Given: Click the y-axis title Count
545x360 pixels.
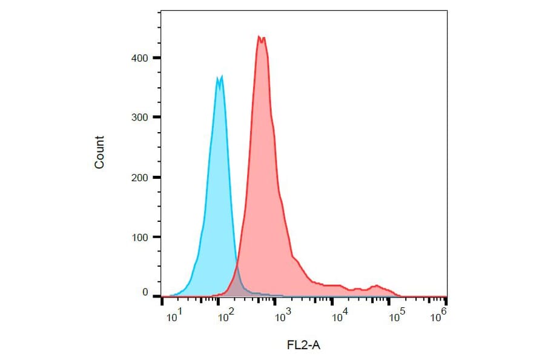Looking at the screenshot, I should click(x=99, y=152).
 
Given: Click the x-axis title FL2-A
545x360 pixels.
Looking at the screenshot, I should click(x=303, y=345).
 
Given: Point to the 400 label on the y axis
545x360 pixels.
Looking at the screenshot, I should click(x=140, y=58).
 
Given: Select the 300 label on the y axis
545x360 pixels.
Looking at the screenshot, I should click(x=140, y=117).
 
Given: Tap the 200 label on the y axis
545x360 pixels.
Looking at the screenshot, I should click(x=140, y=177).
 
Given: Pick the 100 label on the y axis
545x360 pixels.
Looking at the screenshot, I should click(x=140, y=237).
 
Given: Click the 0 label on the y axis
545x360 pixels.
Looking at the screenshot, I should click(x=145, y=293).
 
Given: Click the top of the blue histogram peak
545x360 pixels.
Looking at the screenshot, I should click(x=219, y=77).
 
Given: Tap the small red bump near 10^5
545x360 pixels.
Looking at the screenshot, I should click(x=377, y=285).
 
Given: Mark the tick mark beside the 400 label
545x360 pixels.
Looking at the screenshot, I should click(x=156, y=58).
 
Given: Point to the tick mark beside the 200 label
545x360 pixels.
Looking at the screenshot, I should click(x=156, y=177).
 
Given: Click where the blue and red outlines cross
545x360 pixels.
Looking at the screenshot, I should click(x=236, y=267).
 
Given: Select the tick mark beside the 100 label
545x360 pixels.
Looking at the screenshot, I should click(x=156, y=237).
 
